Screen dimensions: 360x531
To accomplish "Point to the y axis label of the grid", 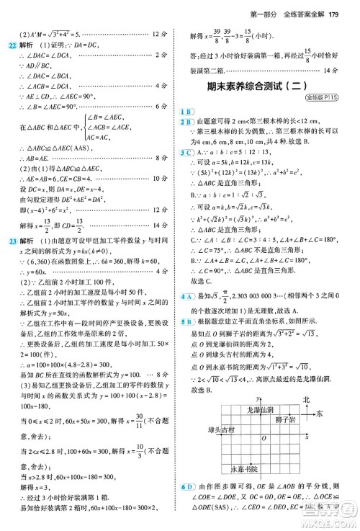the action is pos(257,398).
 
